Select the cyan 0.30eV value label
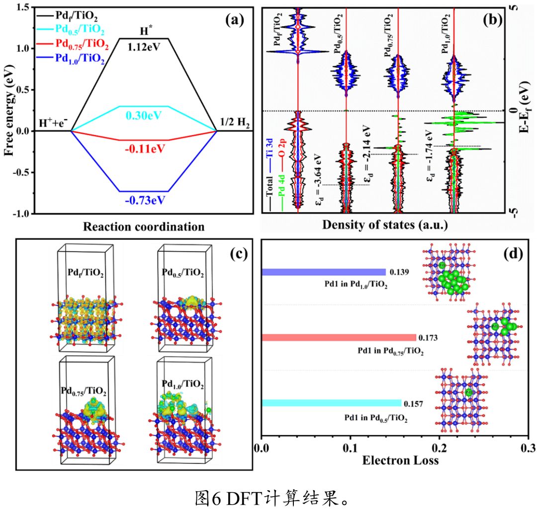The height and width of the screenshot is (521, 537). pos(144,115)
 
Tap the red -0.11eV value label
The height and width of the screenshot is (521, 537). pos(144,149)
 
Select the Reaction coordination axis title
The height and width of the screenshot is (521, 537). pos(144,227)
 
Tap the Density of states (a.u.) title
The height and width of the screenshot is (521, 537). pos(385,224)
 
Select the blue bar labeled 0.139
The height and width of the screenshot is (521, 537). pos(323,272)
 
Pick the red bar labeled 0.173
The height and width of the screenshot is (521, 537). pos(338,338)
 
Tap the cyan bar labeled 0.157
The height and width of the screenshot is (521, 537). pos(331,403)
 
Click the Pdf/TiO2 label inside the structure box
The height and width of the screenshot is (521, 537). pos(86,272)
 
